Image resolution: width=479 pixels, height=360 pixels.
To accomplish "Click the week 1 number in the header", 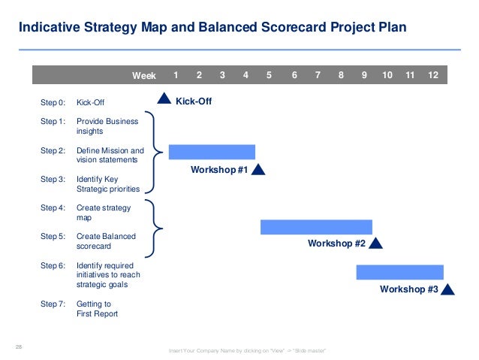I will coord(176,75).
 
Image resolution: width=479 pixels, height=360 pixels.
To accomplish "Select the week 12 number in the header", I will coord(433,75).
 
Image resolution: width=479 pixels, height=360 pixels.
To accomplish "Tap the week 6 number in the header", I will coord(294,75).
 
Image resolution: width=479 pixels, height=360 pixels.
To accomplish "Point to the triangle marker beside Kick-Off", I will coord(164,98).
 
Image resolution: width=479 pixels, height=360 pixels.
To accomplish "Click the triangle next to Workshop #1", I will coord(258,170).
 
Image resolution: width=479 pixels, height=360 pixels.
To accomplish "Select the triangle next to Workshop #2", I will coord(376,243).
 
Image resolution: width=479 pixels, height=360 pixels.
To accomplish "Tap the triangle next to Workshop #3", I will coord(448,289).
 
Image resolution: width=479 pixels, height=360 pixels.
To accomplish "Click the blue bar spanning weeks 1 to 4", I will coord(212,152).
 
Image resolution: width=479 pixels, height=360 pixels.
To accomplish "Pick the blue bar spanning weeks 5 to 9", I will coord(316,227).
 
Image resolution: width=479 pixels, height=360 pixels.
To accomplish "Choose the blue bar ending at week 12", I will coord(399,272).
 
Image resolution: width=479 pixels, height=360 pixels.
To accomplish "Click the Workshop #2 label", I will coord(336,244).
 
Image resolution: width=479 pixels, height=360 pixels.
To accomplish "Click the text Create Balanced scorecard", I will coord(106,241).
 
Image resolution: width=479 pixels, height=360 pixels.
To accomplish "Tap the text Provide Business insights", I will coord(107,126).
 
